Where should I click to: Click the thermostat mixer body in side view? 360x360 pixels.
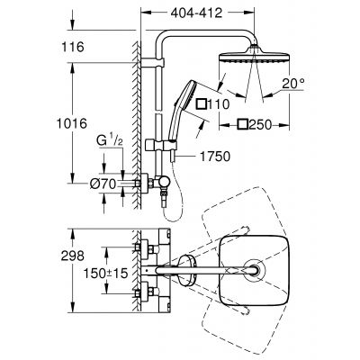pos(145,184)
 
